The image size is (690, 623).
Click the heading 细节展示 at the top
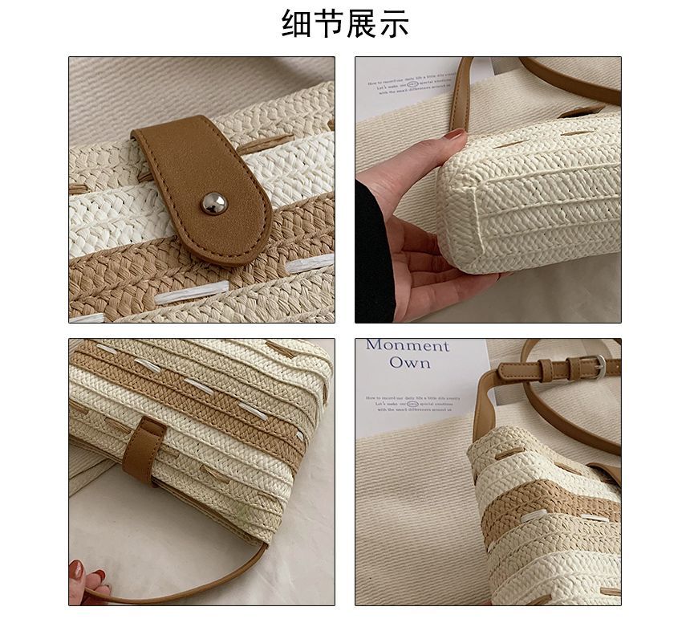coord(345,24)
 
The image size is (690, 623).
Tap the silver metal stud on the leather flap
coord(213,203)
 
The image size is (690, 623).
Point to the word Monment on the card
coord(408,346)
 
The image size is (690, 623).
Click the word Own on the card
coord(409,363)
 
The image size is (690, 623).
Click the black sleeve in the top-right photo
coord(374,257)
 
